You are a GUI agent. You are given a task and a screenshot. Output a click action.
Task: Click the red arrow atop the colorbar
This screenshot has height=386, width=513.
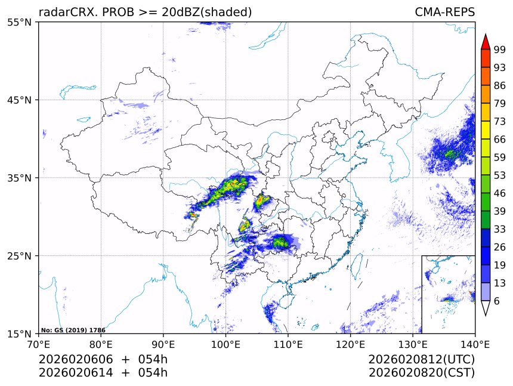click(485, 41)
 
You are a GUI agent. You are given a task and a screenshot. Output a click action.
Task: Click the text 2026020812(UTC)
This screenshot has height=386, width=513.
click(421, 360)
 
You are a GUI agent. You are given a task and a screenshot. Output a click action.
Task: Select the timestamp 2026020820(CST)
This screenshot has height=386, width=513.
click(421, 373)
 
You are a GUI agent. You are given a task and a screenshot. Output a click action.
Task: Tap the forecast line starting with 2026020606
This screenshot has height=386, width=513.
click(103, 360)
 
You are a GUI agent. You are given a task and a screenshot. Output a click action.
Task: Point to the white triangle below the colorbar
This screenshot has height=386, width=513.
click(485, 308)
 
